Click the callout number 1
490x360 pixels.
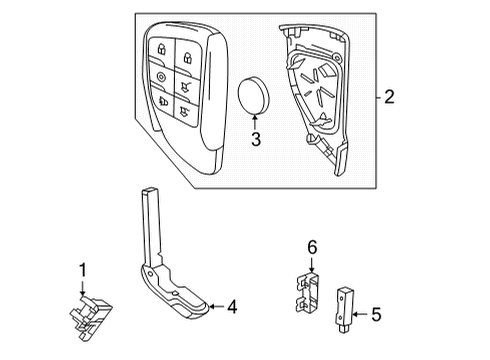pyautogui.click(x=82, y=270)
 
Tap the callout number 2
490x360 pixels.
pyautogui.click(x=389, y=97)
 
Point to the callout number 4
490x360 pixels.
pyautogui.click(x=232, y=308)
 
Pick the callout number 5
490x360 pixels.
pyautogui.click(x=376, y=316)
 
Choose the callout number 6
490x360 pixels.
pyautogui.click(x=311, y=246)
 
